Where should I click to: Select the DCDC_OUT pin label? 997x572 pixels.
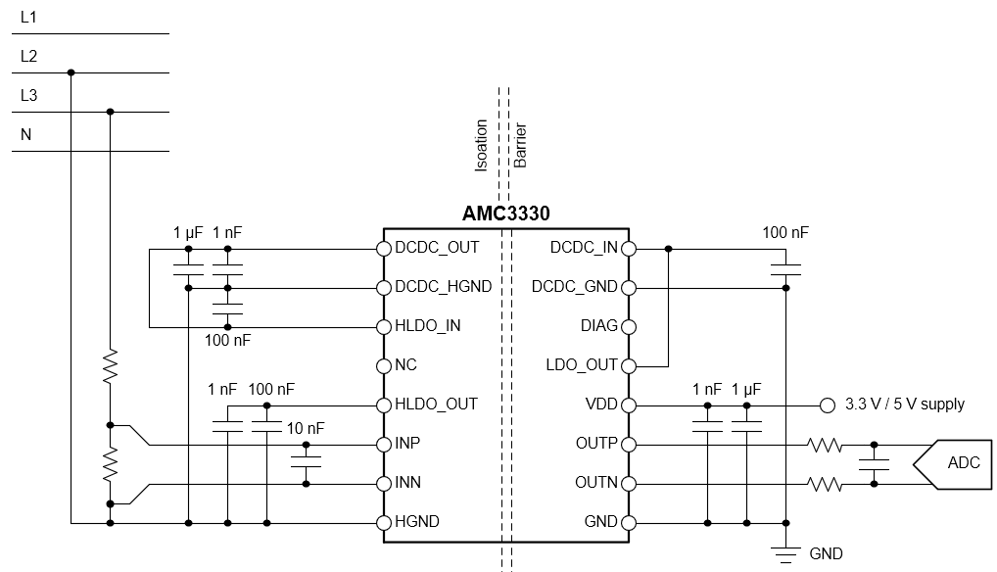(x=437, y=248)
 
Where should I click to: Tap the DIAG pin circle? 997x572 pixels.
(x=627, y=326)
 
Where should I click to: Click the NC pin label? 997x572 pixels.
(x=405, y=365)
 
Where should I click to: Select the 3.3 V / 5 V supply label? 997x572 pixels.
(x=906, y=405)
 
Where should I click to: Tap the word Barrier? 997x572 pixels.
(x=521, y=145)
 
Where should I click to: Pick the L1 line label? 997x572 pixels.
(x=29, y=18)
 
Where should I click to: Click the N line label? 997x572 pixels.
(x=26, y=135)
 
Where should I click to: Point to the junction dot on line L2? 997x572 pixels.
(x=71, y=72)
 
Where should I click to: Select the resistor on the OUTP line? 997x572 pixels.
(x=825, y=444)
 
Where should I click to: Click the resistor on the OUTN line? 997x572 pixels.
(x=825, y=483)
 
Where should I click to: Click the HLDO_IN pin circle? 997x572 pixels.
(x=384, y=326)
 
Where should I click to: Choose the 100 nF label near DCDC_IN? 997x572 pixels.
(x=785, y=233)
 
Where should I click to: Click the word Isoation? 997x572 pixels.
(x=481, y=145)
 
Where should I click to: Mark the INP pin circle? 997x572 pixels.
(x=384, y=444)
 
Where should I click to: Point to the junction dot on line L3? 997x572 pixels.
(x=110, y=112)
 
